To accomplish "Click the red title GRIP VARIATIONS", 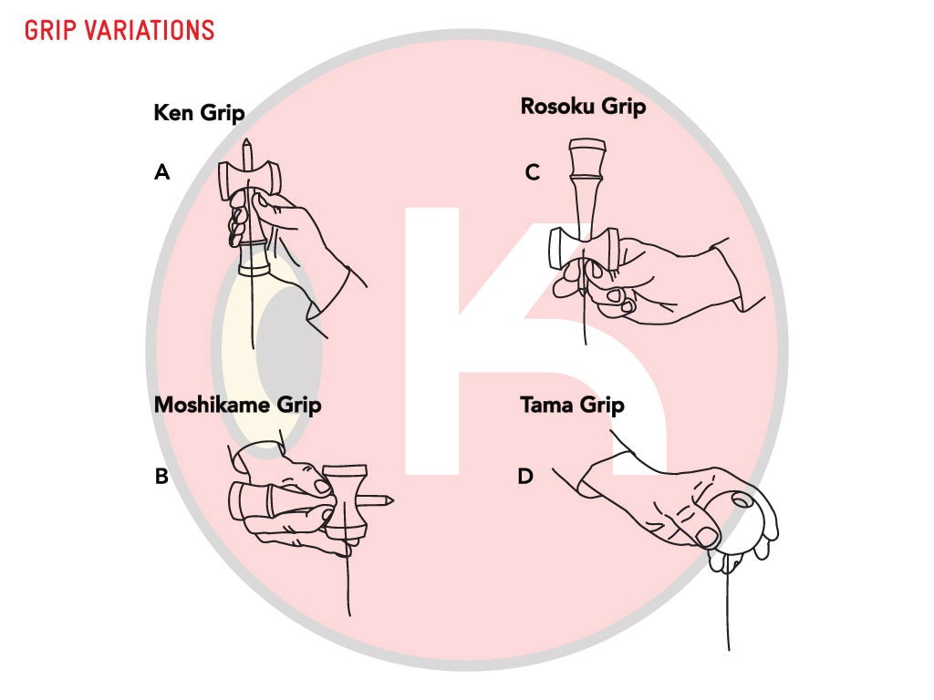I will [119, 29].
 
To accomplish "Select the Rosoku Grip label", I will [583, 107].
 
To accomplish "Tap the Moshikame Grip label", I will [237, 404].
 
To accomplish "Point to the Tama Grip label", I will [572, 404].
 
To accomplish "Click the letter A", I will [162, 171].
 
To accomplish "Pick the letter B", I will [161, 477].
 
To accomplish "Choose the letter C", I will [533, 172].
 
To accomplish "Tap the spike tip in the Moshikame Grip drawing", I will [392, 499].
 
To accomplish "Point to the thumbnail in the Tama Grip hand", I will [708, 536].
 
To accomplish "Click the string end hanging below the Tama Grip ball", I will [729, 647].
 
